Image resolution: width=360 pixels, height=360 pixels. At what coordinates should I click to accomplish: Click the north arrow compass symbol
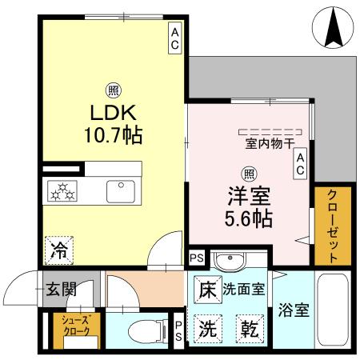pyautogui.click(x=334, y=26)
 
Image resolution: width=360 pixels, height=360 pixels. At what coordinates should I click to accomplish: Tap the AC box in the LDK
pyautogui.click(x=174, y=37)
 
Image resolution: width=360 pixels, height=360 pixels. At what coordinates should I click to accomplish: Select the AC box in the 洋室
pyautogui.click(x=301, y=165)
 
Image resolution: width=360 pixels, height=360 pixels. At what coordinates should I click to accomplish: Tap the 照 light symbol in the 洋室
pyautogui.click(x=249, y=172)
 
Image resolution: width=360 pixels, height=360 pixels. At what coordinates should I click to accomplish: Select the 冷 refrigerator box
pyautogui.click(x=58, y=249)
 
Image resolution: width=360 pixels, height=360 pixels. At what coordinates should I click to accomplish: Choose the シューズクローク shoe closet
pyautogui.click(x=66, y=328)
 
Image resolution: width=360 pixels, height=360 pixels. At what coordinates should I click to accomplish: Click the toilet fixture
pyautogui.click(x=142, y=330)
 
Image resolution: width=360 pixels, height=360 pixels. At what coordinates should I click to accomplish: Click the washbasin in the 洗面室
pyautogui.click(x=233, y=260)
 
